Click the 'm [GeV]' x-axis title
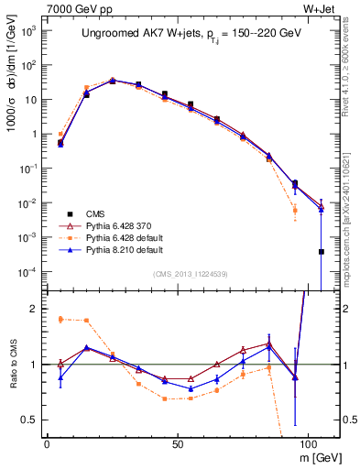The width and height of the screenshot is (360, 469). (316, 456)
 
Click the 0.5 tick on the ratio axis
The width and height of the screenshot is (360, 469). (30, 420)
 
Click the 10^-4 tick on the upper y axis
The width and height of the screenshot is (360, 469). (28, 272)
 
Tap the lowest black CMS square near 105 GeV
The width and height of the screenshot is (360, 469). (321, 252)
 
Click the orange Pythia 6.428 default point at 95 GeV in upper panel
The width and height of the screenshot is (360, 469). (295, 210)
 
